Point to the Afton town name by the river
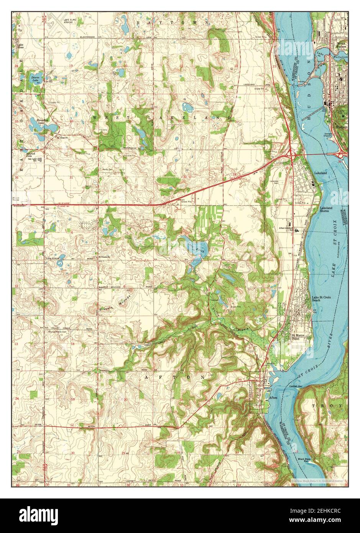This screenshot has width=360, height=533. [273, 398]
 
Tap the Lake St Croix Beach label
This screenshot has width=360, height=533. [321, 299]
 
